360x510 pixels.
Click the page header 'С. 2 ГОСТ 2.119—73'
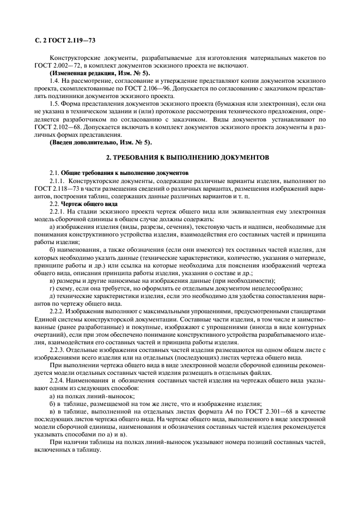[61, 39]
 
